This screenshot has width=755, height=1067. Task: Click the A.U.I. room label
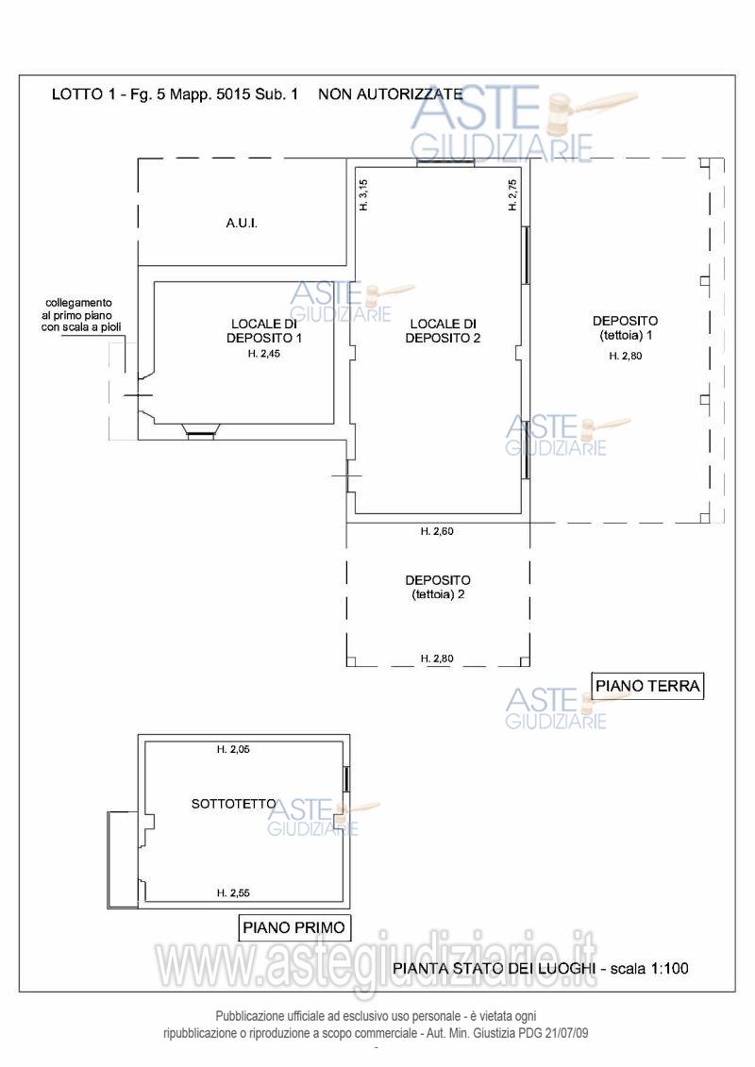(x=242, y=223)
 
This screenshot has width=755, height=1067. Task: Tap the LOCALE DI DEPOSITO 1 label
(x=264, y=331)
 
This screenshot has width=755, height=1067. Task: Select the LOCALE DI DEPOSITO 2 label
(x=444, y=331)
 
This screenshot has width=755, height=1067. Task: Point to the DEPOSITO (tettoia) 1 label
(x=626, y=327)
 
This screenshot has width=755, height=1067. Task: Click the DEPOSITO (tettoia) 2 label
(x=438, y=587)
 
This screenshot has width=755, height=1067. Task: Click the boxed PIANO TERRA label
(x=647, y=685)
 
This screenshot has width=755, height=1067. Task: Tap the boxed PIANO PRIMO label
(x=294, y=926)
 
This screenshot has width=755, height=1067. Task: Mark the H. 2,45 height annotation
(x=264, y=354)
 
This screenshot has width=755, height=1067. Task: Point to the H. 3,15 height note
(x=363, y=194)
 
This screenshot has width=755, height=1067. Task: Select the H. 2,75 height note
(x=512, y=194)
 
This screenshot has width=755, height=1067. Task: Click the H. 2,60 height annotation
(x=437, y=531)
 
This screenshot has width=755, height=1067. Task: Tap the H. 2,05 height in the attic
(x=233, y=749)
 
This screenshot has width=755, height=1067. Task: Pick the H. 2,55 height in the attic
(x=233, y=892)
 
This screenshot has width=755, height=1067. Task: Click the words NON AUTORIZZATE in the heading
(x=391, y=94)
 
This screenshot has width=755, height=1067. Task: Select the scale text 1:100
(x=669, y=968)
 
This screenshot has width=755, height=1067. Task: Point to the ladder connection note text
(x=79, y=315)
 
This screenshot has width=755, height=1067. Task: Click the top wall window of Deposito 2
(x=445, y=162)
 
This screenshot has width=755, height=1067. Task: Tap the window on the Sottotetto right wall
(x=346, y=778)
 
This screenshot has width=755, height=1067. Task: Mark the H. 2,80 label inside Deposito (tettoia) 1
(x=626, y=356)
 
